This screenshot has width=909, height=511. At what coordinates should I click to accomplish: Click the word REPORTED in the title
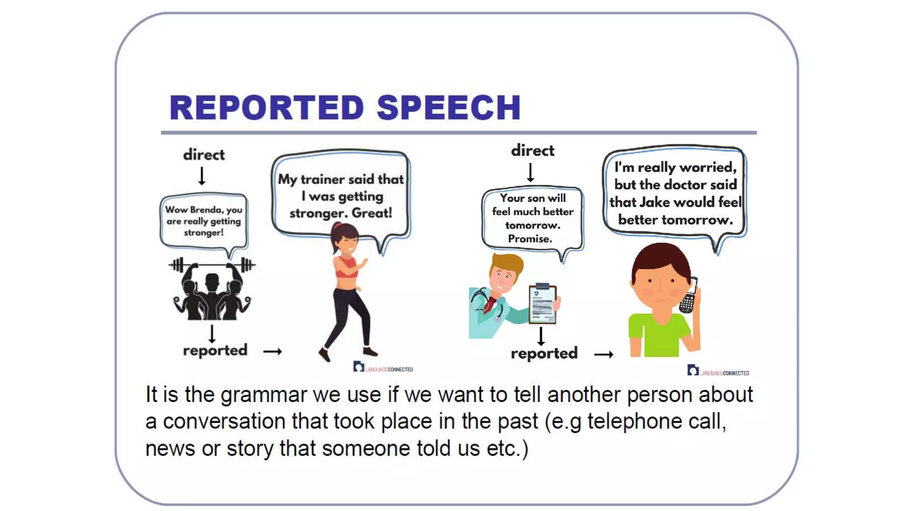[x=267, y=108]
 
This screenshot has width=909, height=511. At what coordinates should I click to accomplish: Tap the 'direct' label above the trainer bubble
[x=204, y=155]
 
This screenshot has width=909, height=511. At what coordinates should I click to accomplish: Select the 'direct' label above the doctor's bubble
[x=532, y=150]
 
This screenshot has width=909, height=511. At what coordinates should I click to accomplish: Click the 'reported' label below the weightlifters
[x=215, y=350]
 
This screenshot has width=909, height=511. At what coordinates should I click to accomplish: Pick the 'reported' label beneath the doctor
[x=544, y=354]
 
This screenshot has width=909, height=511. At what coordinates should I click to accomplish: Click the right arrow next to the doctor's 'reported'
[x=604, y=354]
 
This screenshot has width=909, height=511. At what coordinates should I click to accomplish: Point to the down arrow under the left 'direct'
[x=202, y=176]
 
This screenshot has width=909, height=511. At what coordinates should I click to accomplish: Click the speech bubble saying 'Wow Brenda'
[x=204, y=221]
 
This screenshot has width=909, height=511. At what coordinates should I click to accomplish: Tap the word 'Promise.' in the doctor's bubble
[x=530, y=239]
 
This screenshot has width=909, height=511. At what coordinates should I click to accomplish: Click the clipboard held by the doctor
[x=542, y=304]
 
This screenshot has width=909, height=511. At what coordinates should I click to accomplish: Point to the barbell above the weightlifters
[x=212, y=265]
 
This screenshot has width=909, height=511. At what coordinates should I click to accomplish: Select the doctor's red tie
[x=490, y=304]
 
